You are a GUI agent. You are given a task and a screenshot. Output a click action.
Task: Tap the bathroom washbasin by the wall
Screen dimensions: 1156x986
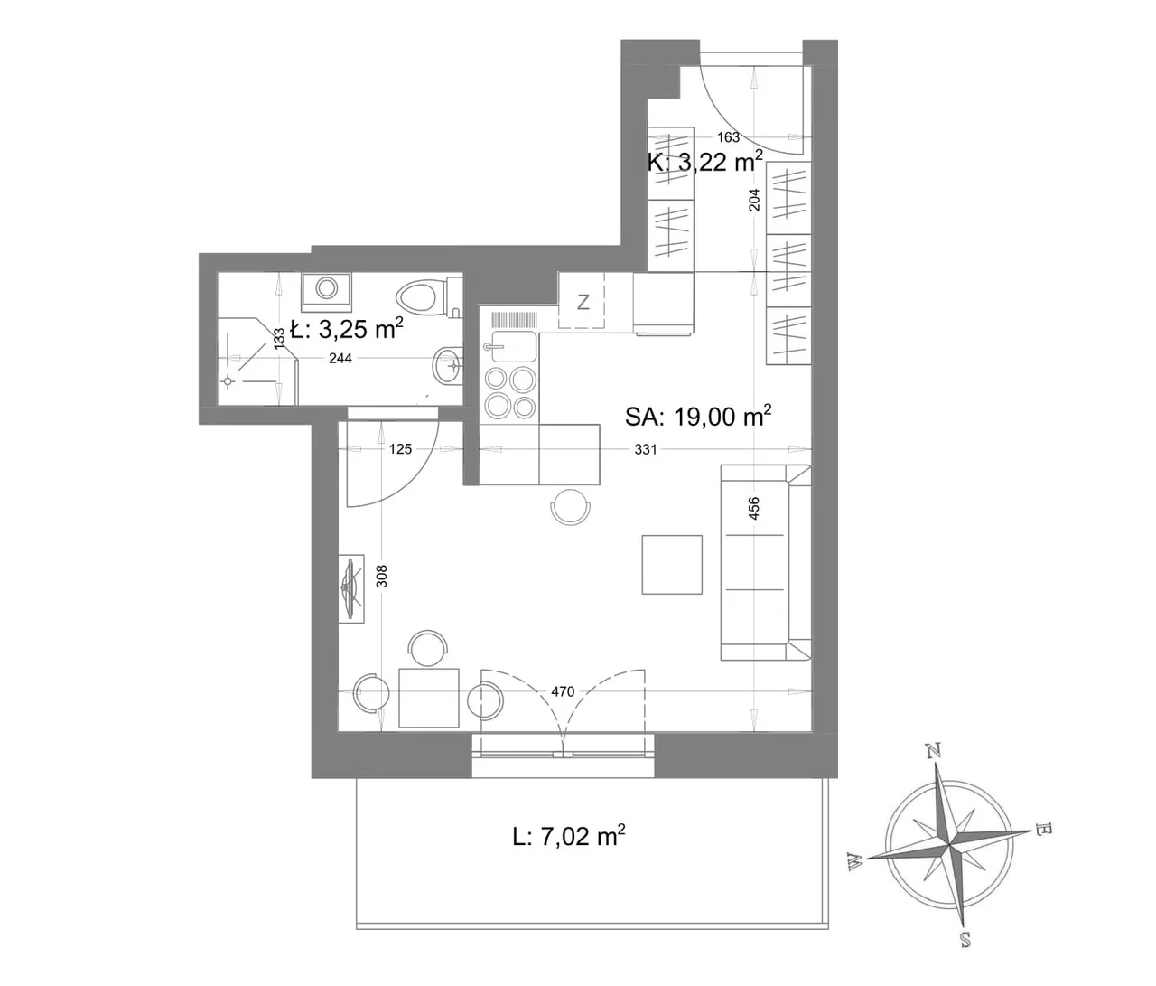pos(447,365)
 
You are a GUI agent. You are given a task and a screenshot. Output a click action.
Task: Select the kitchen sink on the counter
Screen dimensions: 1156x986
pos(510,347)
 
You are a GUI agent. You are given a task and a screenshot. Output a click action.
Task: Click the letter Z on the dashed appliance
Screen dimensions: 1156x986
pos(583,303)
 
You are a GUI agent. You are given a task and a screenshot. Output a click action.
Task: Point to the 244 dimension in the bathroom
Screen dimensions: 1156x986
pos(340,358)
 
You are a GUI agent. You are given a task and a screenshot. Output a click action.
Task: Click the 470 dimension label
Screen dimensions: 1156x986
pos(563,691)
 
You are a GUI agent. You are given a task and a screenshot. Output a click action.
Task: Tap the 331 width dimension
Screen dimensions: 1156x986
pos(646,449)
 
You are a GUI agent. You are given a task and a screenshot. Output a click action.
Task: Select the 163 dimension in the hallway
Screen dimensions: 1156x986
pos(728,137)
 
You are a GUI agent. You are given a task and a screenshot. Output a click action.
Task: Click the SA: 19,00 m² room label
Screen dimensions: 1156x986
pos(698,416)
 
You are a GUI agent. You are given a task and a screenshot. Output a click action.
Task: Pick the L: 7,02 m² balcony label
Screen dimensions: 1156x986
pos(569,837)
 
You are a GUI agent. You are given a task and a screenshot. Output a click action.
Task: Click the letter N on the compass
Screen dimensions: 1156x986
pos(933,750)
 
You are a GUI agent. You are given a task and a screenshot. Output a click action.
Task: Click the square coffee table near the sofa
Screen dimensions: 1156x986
pos(672,565)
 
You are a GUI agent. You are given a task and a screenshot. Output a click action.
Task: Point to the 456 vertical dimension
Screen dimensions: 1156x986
pos(754,509)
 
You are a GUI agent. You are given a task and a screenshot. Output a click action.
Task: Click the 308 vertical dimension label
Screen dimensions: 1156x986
pos(382,576)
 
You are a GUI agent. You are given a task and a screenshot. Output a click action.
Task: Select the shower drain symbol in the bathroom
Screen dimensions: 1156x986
pos(227,382)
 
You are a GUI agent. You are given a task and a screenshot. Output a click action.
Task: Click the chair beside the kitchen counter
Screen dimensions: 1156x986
pos(571,506)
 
